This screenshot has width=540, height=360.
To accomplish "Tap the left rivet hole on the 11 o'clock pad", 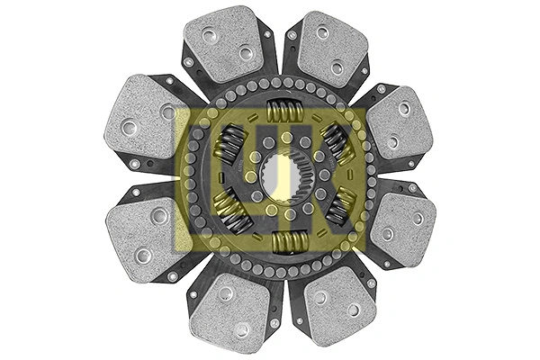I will [x=209, y=36].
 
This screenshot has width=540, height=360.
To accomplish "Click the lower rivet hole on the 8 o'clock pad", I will [x=142, y=255].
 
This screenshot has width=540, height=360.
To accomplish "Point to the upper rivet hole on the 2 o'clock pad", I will [x=403, y=108].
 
